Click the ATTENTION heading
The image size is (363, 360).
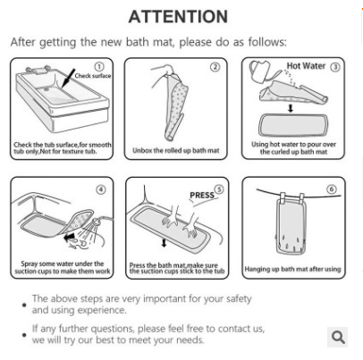click(178, 16)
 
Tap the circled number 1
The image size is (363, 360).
click(99, 66)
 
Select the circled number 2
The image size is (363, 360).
click(215, 67)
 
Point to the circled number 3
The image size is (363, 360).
click(335, 67)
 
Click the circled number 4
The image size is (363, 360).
click(101, 189)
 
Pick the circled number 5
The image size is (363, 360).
click(219, 189)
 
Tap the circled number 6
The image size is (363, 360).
click(332, 188)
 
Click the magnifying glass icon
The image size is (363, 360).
click(338, 337)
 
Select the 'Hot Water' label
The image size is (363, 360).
click(306, 66)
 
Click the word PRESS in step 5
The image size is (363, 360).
click(202, 196)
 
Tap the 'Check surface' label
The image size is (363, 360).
click(93, 76)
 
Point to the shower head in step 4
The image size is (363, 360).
click(97, 222)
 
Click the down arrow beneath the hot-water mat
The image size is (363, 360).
click(291, 108)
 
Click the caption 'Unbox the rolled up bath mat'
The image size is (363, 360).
click(176, 151)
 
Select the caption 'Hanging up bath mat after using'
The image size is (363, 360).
click(292, 269)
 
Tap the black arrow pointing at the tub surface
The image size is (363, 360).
click(68, 79)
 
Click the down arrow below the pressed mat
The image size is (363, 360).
click(164, 242)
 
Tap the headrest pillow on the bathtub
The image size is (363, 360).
click(38, 71)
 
